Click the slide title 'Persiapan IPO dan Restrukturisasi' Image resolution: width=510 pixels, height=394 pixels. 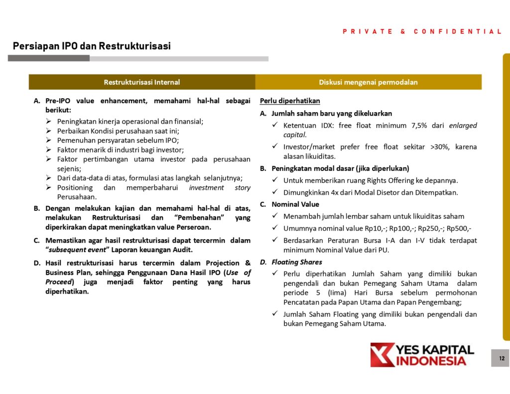coord(92,46)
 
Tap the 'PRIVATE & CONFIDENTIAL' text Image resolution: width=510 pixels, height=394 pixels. coord(422,31)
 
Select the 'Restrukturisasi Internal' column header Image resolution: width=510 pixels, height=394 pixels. coord(142,82)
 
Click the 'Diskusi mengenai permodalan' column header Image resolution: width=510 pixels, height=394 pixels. coord(368,82)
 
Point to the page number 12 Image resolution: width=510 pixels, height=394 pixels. coord(501,358)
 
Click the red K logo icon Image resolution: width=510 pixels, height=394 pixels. coord(382,355)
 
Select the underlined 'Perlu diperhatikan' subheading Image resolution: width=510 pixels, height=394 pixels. coord(290,101)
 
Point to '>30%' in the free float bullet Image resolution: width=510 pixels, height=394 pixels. coord(433,147)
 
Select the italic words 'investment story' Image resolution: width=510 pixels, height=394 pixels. coord(220,188)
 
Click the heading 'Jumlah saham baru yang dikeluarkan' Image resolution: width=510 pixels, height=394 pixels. coord(332,114)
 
